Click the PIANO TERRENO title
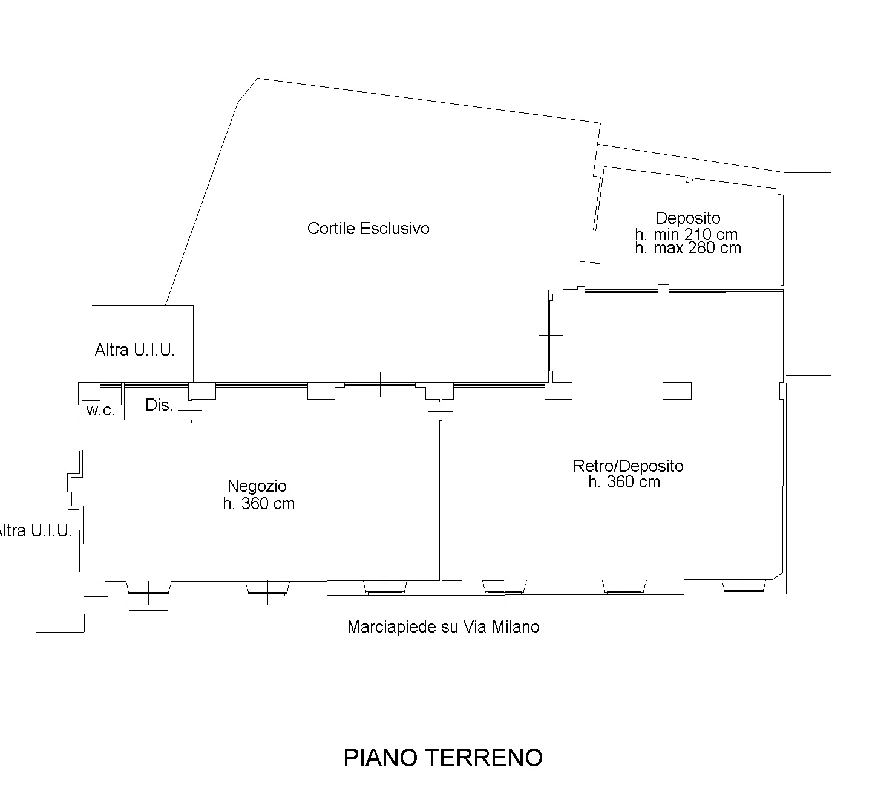point(443,758)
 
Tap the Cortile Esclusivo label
point(368,229)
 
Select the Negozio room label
point(257,486)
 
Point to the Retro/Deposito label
point(628,466)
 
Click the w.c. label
point(100,410)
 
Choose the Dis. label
point(159,405)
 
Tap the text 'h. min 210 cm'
point(686,235)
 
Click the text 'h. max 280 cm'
point(688,248)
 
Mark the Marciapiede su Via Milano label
point(444,627)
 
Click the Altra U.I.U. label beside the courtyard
point(135,350)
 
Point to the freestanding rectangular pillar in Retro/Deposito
point(677,391)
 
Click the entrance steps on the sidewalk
point(148,603)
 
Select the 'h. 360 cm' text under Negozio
point(258,504)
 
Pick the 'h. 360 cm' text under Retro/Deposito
point(624,482)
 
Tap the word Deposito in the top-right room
point(687,218)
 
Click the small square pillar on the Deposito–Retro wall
point(664,289)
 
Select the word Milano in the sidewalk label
point(516,627)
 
